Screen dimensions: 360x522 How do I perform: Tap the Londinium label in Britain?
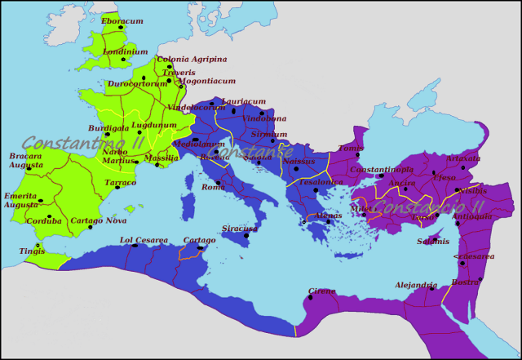pyautogui.click(x=126, y=51)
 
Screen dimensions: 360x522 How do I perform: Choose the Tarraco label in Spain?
pyautogui.click(x=120, y=183)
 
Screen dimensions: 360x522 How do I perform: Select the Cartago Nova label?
pyautogui.click(x=100, y=221)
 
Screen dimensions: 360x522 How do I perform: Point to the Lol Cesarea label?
pyautogui.click(x=144, y=240)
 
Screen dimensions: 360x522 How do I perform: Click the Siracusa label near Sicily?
pyautogui.click(x=240, y=229)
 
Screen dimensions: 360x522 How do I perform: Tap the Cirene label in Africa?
pyautogui.click(x=321, y=291)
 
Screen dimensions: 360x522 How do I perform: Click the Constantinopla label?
pyautogui.click(x=382, y=170)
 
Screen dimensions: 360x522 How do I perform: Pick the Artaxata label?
pyautogui.click(x=463, y=158)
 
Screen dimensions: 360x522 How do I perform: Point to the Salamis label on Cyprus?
pyautogui.click(x=432, y=241)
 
